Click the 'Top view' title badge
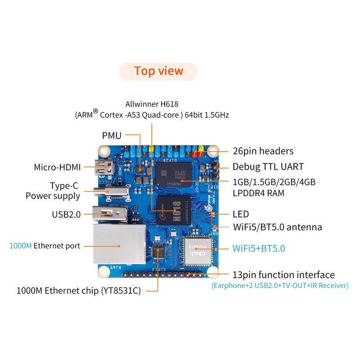[158, 71]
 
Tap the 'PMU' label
[112, 135]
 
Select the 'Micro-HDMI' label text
[57, 167]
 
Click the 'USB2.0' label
[66, 214]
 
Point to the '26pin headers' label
[263, 151]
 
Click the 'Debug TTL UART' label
[268, 167]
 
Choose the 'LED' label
[241, 214]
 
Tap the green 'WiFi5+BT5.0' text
[258, 248]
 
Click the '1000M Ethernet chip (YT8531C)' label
[78, 291]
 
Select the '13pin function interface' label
[283, 274]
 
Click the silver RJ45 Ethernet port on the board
[119, 245]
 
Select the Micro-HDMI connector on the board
[103, 168]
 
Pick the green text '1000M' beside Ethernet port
[21, 246]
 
